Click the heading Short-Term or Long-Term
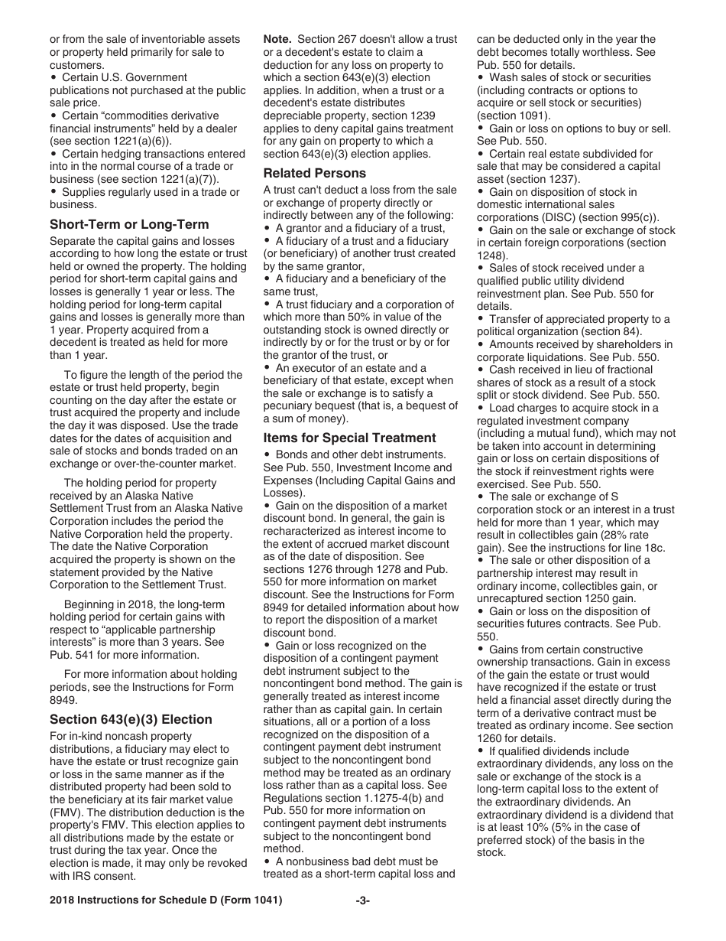pos(129,224)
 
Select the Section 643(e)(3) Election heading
pos(131,719)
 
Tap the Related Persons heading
pos(315,173)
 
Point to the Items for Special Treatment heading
pos(350,438)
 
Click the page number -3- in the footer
pos(362,900)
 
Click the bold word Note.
pos(277,39)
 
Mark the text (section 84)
pos(612,331)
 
